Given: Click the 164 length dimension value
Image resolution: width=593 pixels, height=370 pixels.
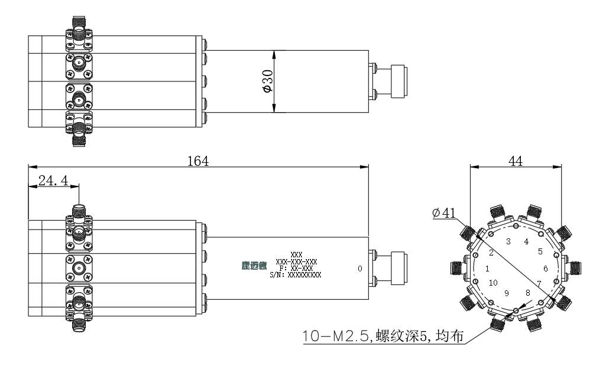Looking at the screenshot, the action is click(x=198, y=161).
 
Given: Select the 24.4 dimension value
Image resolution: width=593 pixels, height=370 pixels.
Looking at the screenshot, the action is click(x=53, y=181).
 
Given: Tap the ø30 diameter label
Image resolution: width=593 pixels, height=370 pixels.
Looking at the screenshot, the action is click(x=267, y=81).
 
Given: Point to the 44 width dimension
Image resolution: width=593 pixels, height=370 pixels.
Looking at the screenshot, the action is click(x=516, y=161).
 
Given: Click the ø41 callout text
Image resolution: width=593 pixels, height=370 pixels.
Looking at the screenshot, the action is click(x=444, y=213).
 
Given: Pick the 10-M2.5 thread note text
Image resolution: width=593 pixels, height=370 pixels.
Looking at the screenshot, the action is click(x=383, y=336).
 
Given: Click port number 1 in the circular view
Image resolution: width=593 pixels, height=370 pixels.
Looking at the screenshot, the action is click(x=487, y=269).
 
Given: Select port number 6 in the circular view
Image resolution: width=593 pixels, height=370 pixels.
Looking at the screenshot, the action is click(x=545, y=269).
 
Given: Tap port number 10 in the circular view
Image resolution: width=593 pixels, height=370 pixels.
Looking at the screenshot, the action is click(x=492, y=283).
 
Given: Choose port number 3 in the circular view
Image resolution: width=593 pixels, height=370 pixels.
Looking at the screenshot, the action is click(x=508, y=241).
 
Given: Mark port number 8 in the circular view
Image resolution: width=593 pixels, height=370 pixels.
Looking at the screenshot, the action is click(x=527, y=293).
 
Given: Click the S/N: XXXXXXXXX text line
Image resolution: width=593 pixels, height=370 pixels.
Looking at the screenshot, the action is click(x=296, y=275).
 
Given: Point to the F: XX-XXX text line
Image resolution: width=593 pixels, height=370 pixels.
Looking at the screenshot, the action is click(x=296, y=269).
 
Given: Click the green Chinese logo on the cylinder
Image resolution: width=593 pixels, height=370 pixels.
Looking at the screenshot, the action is click(x=254, y=266).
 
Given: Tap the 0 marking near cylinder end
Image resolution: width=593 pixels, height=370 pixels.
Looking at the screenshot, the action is click(x=359, y=269).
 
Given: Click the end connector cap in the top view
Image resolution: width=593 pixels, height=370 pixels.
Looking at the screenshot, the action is click(x=399, y=81).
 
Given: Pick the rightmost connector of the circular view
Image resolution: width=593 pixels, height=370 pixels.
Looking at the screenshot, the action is click(x=574, y=269).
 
